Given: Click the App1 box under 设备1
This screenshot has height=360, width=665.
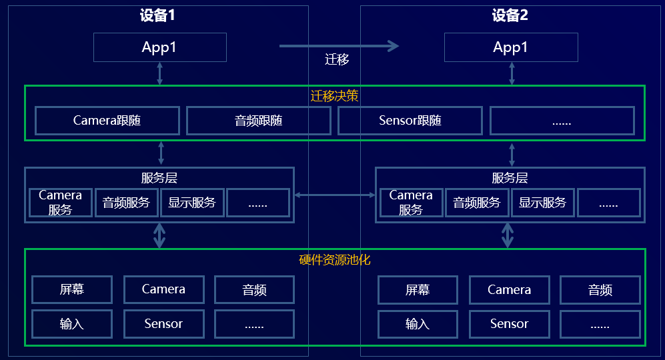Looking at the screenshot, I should [x=159, y=47].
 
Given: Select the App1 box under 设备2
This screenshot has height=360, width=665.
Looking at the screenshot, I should [x=511, y=47].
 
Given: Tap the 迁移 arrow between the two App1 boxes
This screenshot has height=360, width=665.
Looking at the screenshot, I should [x=339, y=46].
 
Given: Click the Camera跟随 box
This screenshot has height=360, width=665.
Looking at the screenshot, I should [x=107, y=121].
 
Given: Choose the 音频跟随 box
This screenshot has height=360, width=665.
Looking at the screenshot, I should [x=259, y=121].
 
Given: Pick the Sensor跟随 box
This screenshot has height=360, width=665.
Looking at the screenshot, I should [x=410, y=121].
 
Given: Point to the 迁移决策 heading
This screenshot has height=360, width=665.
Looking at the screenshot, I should [x=335, y=96].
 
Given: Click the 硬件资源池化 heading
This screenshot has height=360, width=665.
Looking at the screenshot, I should [x=335, y=259].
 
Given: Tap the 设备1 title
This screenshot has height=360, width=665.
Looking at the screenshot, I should [x=157, y=16].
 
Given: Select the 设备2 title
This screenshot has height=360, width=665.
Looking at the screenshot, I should [x=510, y=16].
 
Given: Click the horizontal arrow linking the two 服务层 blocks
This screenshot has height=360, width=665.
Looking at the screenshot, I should [x=335, y=195].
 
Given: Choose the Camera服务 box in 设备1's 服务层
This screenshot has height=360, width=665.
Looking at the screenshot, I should [x=60, y=203].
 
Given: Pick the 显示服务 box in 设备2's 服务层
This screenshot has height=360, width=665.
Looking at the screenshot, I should [x=542, y=203].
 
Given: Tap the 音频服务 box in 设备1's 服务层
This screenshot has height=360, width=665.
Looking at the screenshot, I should [x=126, y=203].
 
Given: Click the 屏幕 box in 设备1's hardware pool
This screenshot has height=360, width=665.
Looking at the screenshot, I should [x=72, y=289].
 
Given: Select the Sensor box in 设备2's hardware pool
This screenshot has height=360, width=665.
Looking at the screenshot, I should [x=509, y=324].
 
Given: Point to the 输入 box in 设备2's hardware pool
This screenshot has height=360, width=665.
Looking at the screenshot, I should [x=418, y=324].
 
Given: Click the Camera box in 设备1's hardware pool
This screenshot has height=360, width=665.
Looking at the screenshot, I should [x=163, y=289].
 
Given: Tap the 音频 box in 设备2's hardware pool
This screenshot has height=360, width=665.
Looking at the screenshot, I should [x=600, y=289].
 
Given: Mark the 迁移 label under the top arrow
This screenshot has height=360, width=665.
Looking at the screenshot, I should [x=338, y=60].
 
